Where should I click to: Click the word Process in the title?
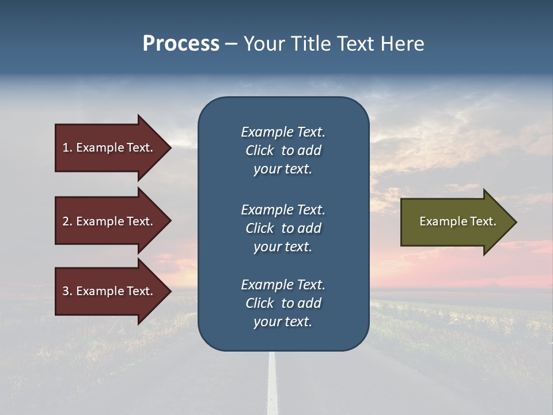pos(181,44)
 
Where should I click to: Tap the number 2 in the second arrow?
pos(66,221)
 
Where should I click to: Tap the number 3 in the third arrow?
pos(66,291)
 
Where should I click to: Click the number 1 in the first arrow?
pos(66,148)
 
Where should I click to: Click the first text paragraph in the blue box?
pos(283,150)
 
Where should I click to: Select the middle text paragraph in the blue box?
pos(283,228)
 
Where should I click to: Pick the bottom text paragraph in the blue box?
pos(283,303)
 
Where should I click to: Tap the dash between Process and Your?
pos(231,44)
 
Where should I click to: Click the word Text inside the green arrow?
pos(484,221)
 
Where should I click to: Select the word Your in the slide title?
pos(263,44)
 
